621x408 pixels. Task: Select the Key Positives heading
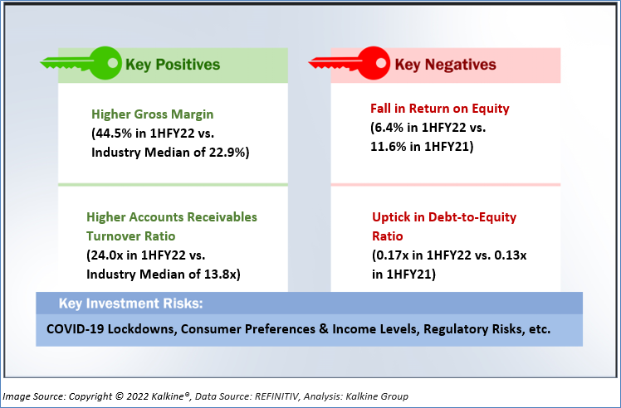pyautogui.click(x=173, y=65)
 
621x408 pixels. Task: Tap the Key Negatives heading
pyautogui.click(x=446, y=65)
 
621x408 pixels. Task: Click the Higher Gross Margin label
pyautogui.click(x=153, y=114)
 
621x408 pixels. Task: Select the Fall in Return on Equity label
pyautogui.click(x=440, y=109)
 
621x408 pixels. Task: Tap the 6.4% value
pyautogui.click(x=389, y=128)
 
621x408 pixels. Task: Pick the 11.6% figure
pyautogui.click(x=389, y=147)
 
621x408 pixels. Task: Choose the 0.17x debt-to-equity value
pyautogui.click(x=393, y=255)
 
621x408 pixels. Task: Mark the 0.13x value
pyautogui.click(x=511, y=255)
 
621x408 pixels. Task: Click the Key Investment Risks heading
pyautogui.click(x=130, y=304)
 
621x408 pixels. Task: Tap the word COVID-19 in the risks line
pyautogui.click(x=76, y=329)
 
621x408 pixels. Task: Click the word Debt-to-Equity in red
pyautogui.click(x=472, y=217)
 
